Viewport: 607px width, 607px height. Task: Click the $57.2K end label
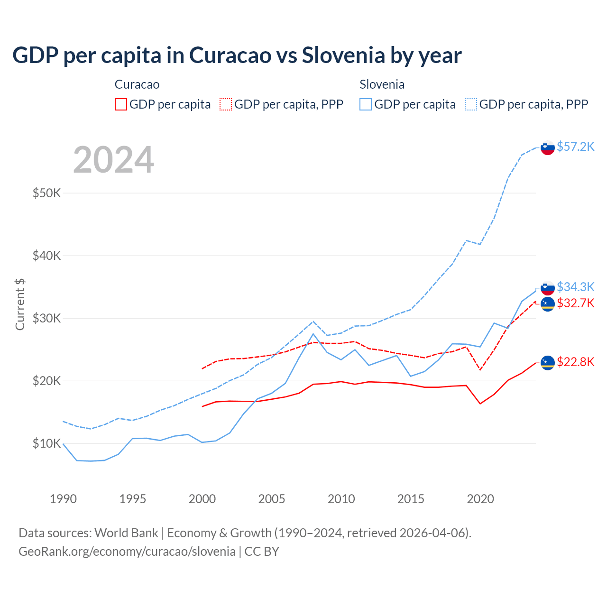575,147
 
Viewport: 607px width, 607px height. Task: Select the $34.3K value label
575,287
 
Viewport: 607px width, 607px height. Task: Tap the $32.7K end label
575,303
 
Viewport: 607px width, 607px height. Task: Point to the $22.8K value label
575,362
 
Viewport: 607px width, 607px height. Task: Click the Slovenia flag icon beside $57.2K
548,147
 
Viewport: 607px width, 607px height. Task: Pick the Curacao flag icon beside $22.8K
548,363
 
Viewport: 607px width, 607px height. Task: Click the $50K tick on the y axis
46,193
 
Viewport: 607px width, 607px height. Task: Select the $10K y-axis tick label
46,443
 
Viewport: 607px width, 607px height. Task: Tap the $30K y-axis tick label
46,318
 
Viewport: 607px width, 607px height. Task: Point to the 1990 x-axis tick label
63,499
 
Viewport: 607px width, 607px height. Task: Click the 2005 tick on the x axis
272,499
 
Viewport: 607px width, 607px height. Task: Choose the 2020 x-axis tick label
480,499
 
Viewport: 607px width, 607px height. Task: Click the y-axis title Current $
20,304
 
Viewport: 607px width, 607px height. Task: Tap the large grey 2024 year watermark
113,160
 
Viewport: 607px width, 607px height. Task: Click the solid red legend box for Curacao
121,104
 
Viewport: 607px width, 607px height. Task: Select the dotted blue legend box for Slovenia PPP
471,104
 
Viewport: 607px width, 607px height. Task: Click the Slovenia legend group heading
382,84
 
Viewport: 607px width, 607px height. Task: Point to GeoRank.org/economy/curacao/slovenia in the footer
127,552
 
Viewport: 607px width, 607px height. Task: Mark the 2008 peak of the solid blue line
313,334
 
